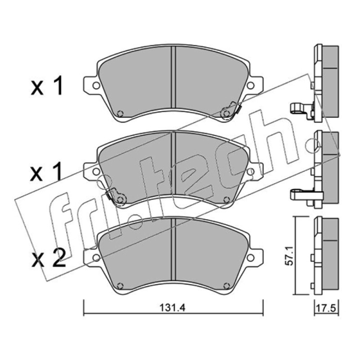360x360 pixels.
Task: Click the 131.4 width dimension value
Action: (172, 308)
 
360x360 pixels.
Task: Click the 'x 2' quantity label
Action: (49, 258)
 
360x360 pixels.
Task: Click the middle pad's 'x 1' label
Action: (46, 171)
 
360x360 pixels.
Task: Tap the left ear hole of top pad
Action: (96, 85)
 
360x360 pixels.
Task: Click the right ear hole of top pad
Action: (251, 85)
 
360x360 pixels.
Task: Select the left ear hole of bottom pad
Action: (96, 257)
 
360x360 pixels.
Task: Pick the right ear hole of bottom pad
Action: (251, 257)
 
